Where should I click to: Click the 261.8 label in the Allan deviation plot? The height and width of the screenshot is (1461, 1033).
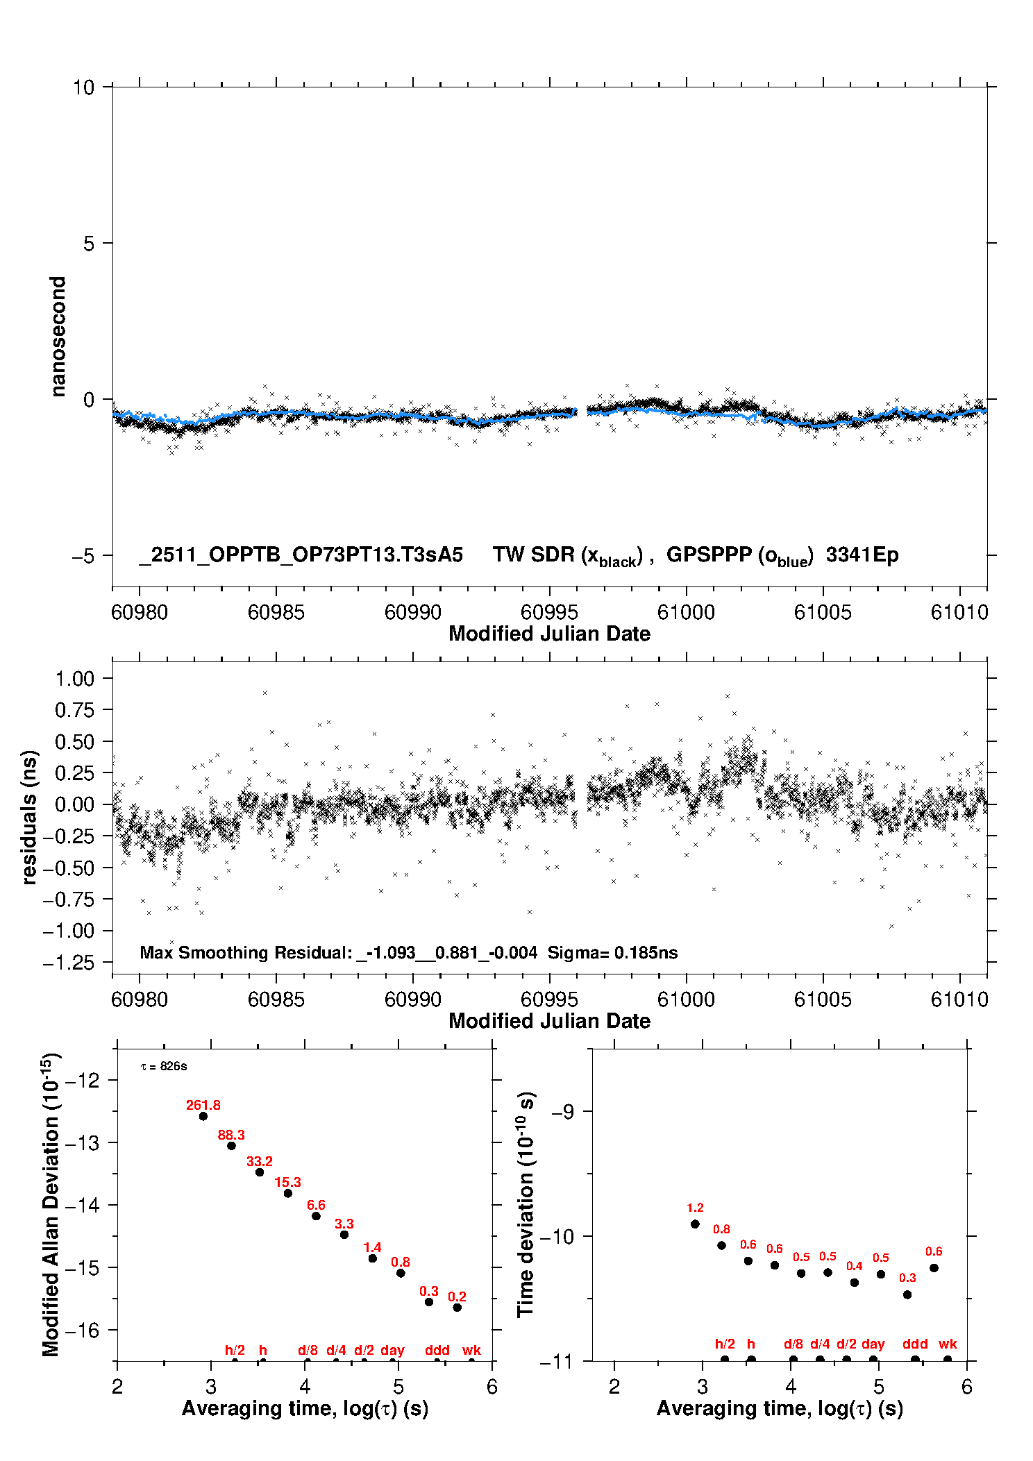(x=203, y=1105)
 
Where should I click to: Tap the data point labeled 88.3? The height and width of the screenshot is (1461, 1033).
(x=231, y=1145)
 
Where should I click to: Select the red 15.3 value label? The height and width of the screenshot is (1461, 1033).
(x=287, y=1182)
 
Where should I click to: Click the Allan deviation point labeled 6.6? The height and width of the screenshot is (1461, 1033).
(x=316, y=1216)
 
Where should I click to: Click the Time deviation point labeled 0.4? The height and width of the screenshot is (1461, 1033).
(x=855, y=1283)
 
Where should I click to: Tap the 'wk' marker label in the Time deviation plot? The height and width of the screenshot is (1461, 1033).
(x=948, y=1344)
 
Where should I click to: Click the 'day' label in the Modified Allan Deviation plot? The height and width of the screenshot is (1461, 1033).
(x=392, y=1351)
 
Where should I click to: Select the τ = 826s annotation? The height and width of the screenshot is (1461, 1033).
(x=164, y=1066)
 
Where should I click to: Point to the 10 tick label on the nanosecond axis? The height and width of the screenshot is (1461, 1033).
(x=83, y=87)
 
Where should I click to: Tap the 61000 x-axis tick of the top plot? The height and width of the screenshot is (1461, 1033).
(x=686, y=612)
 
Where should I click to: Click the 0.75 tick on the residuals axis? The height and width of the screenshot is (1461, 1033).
(x=74, y=710)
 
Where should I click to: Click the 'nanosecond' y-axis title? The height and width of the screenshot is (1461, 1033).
(x=58, y=336)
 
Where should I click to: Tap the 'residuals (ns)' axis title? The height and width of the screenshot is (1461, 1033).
(x=29, y=817)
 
